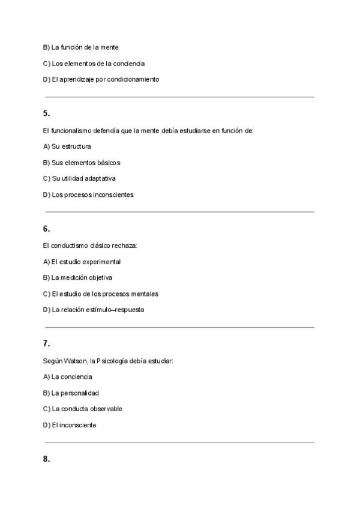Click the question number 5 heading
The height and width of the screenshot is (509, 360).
(x=46, y=113)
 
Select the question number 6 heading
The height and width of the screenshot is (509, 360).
(x=46, y=229)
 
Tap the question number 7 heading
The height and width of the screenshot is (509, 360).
(x=46, y=344)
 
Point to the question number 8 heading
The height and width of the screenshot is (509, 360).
(x=46, y=459)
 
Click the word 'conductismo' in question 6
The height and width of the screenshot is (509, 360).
(x=70, y=245)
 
